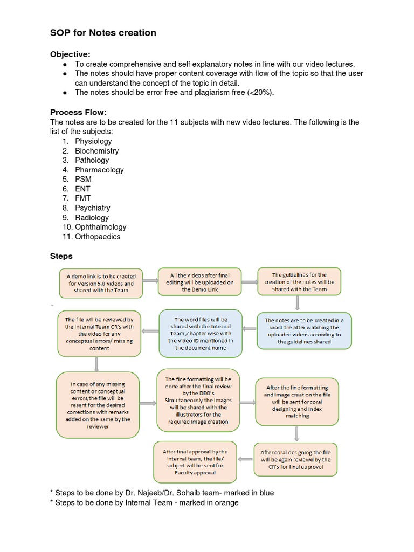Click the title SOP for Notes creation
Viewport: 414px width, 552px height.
click(x=103, y=33)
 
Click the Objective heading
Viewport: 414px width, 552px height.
click(x=70, y=54)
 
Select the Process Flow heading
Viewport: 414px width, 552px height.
click(x=79, y=112)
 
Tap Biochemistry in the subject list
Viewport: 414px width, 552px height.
click(x=96, y=151)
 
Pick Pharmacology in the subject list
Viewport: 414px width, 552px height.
click(x=99, y=170)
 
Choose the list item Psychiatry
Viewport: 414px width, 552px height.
click(x=92, y=208)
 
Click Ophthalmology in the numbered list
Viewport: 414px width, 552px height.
click(x=100, y=227)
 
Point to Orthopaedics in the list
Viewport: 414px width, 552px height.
click(x=98, y=237)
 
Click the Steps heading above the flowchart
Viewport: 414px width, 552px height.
click(x=61, y=256)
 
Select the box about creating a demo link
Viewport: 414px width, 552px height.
click(x=101, y=283)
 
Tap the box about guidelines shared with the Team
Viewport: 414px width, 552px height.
click(x=299, y=282)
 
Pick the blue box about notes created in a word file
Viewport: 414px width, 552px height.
click(x=303, y=330)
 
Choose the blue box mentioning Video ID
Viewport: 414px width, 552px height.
click(x=201, y=334)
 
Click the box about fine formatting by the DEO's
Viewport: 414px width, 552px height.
click(x=198, y=401)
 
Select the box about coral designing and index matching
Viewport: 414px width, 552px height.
click(x=298, y=402)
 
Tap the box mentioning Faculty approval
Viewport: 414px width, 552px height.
click(x=195, y=461)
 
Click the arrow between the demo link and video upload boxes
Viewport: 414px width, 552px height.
click(x=150, y=281)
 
